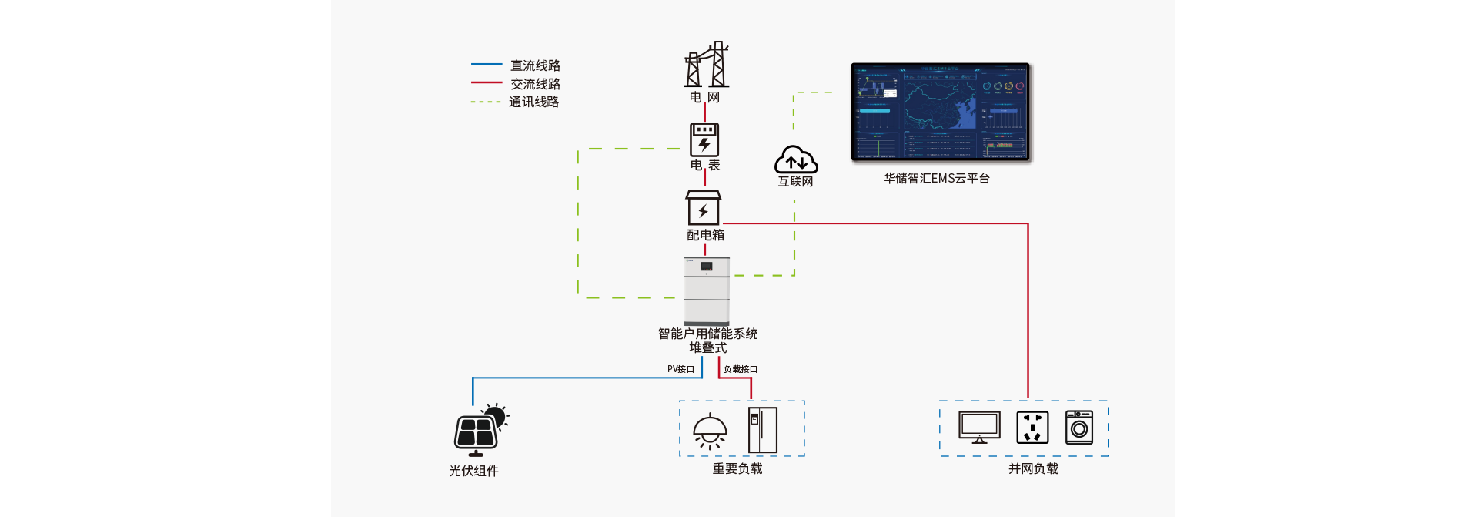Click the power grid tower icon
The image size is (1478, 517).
tap(706, 65)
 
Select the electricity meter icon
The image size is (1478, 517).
tap(704, 139)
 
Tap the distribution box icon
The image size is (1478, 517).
tap(704, 208)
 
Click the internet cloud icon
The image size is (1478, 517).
tap(796, 159)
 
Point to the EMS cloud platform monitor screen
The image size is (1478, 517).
tap(940, 112)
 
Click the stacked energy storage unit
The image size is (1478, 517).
tap(707, 290)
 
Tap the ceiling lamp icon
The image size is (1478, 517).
tap(710, 431)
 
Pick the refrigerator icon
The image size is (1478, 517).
tap(763, 430)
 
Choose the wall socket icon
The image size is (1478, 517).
tap(1032, 428)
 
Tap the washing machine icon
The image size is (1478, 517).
tap(1079, 428)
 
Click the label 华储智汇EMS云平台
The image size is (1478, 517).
tap(937, 179)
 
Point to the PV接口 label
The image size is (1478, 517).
tap(680, 370)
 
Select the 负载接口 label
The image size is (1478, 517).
tap(741, 370)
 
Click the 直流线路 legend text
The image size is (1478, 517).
tap(535, 65)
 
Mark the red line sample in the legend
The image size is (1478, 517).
tap(487, 82)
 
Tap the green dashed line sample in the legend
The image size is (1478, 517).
tap(487, 102)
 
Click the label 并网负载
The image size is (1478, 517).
tap(1033, 468)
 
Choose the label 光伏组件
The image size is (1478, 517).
tap(473, 471)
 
